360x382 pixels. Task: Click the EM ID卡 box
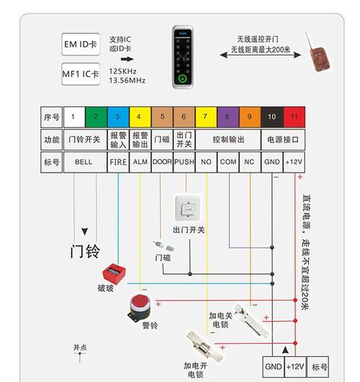coord(81,45)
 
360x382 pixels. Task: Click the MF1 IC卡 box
coord(81,74)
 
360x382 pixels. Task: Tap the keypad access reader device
coord(183,58)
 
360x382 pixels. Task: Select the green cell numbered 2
coord(96,117)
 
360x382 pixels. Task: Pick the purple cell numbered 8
coord(228,117)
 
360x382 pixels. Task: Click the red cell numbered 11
coord(294,117)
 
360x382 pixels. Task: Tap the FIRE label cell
coord(118,162)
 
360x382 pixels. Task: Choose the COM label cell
coord(228,162)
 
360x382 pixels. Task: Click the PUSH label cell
coord(184,162)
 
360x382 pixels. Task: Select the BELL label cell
coord(85,162)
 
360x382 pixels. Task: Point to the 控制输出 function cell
coord(228,140)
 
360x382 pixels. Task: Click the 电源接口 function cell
coord(283,140)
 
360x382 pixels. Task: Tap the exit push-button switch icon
coord(188,209)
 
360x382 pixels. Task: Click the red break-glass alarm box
coord(114,273)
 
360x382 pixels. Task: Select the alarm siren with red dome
coord(140,308)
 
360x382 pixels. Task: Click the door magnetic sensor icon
coord(163,246)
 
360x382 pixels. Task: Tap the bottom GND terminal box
coord(274,367)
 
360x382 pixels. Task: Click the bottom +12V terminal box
coord(295,367)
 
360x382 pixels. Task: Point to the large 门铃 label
coord(85,251)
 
